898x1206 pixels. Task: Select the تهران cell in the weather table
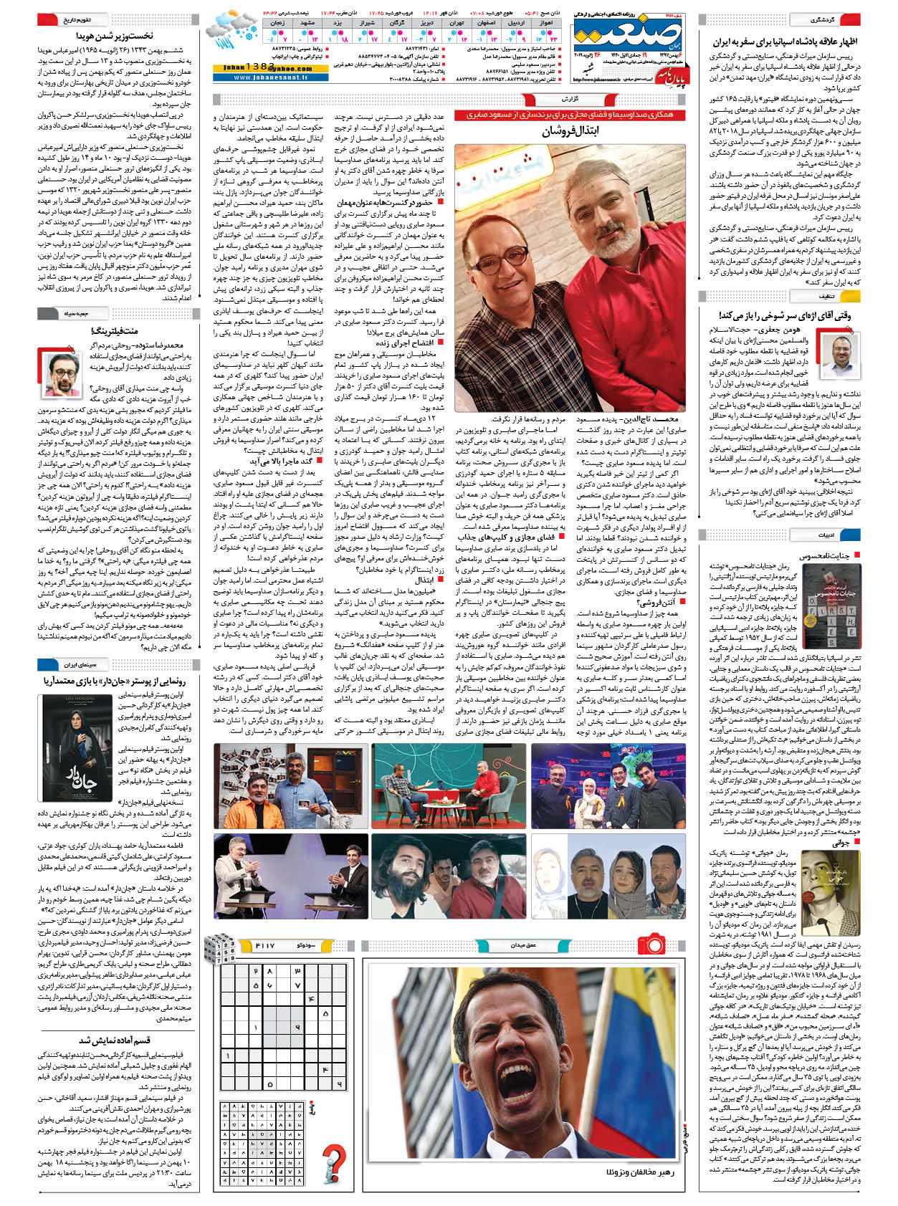457,23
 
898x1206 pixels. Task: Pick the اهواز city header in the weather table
546,23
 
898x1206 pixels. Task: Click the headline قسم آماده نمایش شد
115,1040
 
